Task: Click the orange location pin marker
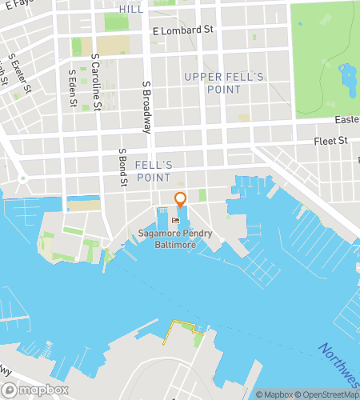pos(180,200)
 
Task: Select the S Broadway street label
pos(147,103)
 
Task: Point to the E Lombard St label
pos(183,30)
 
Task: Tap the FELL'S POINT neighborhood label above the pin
pos(154,170)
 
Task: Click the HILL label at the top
pos(131,8)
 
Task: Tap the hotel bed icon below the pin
pos(175,219)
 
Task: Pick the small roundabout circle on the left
pos(23,178)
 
